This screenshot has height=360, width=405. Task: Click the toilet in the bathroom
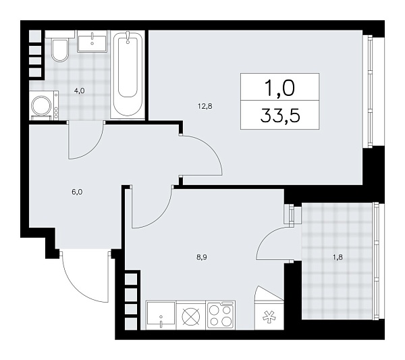coord(59,51)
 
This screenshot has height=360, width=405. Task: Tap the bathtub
coord(128,74)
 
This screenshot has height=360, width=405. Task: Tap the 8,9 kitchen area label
coord(201,257)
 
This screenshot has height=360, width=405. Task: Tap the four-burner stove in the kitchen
coord(220,315)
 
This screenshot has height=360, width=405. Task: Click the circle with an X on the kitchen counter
coord(190,315)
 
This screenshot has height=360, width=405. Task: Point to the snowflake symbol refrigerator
coord(268,315)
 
